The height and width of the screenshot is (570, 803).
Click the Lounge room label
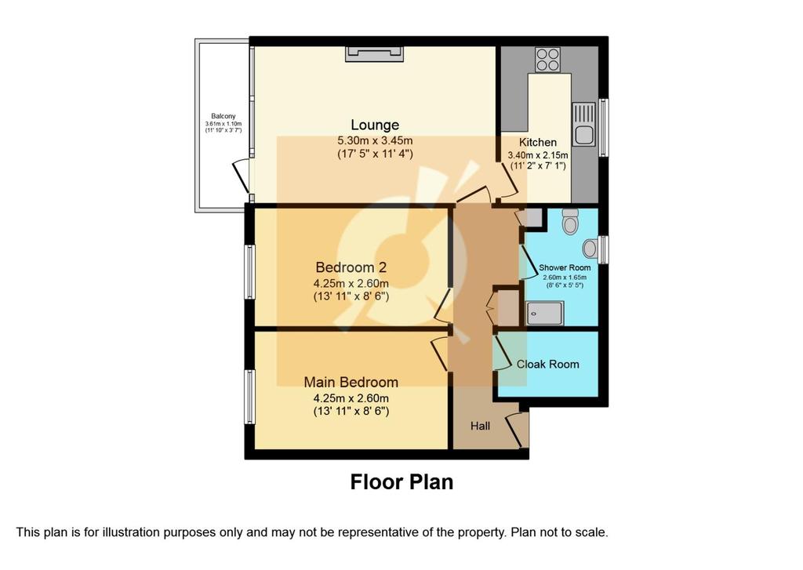click(375, 125)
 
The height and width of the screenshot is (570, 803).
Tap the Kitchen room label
click(538, 143)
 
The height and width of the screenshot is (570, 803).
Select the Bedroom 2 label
click(351, 267)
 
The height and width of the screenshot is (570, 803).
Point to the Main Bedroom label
click(351, 382)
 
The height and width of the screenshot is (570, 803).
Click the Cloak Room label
click(547, 364)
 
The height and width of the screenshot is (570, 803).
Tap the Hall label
click(481, 426)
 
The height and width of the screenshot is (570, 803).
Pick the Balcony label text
click(223, 116)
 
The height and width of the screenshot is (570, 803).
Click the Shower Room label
click(565, 267)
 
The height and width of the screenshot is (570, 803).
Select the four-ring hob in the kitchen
click(547, 60)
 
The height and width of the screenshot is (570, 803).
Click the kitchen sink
click(583, 124)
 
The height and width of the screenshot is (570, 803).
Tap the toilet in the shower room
click(570, 221)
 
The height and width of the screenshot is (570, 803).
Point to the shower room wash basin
click(590, 249)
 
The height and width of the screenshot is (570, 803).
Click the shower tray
click(546, 313)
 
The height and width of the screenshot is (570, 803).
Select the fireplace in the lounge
click(374, 54)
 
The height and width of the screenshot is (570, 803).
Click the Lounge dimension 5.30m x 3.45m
click(375, 140)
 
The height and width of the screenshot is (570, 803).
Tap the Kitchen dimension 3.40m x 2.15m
click(538, 154)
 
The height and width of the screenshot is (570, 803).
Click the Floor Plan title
click(401, 482)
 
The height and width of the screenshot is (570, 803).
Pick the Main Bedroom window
click(249, 397)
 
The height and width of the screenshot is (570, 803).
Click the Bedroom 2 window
click(249, 272)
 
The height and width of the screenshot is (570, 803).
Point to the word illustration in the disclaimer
click(131, 532)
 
